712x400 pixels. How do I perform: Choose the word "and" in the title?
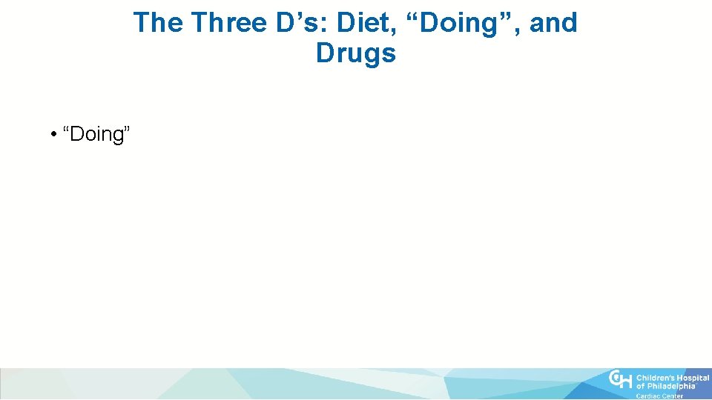tap(553, 23)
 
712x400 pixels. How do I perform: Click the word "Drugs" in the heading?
tap(356, 53)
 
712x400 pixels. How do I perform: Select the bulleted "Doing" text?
tap(98, 135)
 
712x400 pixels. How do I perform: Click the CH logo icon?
tap(620, 381)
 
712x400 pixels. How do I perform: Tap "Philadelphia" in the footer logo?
tap(670, 386)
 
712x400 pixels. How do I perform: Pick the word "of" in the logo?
tap(641, 386)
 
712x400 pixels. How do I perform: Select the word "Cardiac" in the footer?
tap(649, 396)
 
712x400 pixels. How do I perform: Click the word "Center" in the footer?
tap(673, 396)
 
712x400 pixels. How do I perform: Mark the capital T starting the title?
tap(142, 23)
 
